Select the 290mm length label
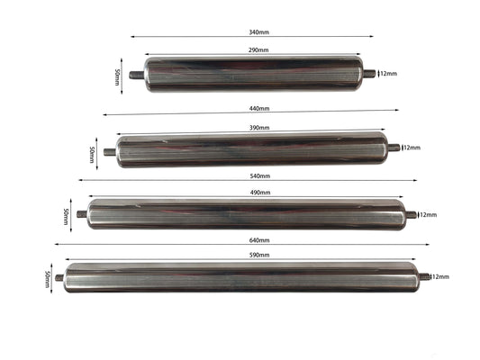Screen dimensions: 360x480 258,50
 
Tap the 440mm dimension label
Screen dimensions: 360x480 258,109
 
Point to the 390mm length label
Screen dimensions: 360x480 258,128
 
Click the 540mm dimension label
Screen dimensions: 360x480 258,176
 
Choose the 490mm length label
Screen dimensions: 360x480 258,192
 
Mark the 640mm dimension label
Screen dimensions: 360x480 258,240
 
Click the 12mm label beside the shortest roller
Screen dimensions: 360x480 389,74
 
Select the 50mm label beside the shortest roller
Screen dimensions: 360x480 118,76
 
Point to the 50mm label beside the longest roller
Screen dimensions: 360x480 47,277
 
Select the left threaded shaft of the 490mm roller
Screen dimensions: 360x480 82,214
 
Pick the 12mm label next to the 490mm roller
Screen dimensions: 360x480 428,215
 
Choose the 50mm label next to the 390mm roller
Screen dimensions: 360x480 93,153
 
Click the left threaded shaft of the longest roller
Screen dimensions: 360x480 59,277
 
